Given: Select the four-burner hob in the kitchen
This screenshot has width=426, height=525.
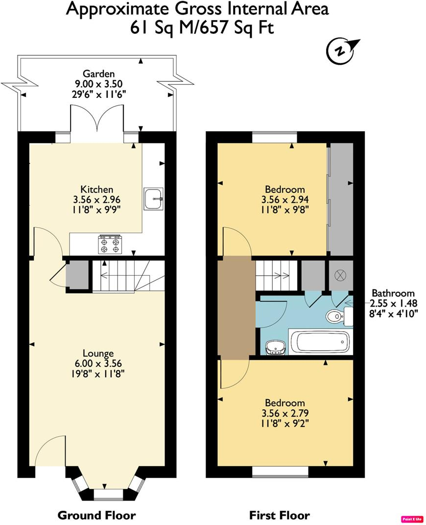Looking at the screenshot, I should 110,244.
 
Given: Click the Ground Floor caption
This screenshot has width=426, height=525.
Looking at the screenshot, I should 96,515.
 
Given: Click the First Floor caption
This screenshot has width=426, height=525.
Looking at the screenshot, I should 280,515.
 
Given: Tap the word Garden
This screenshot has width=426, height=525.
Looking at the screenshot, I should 95,74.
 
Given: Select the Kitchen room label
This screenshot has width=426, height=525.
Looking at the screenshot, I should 97,190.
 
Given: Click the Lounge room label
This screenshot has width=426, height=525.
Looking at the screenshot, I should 98,353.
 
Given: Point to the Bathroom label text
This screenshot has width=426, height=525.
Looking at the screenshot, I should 393,293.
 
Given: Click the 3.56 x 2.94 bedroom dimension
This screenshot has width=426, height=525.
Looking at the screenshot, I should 284,199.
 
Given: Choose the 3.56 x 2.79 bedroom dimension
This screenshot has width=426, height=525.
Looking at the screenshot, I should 284,412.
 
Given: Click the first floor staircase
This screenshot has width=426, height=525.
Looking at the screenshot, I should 277,275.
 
